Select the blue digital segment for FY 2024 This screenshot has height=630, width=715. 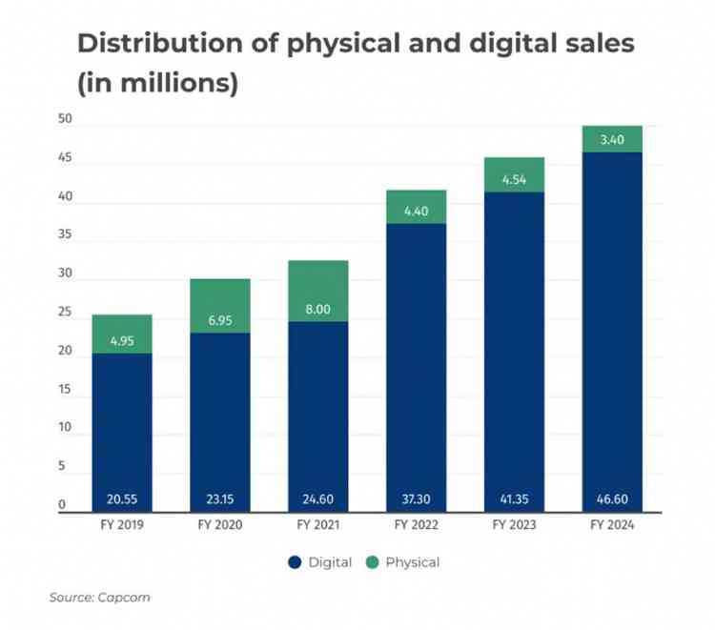612,324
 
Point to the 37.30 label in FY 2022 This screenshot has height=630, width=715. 416,499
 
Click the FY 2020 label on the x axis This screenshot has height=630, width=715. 219,526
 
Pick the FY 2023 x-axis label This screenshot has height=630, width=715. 514,526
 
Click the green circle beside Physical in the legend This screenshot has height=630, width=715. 372,562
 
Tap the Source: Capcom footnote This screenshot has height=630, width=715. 99,598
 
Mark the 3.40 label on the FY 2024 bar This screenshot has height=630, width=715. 612,140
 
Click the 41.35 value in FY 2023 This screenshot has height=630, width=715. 514,499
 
